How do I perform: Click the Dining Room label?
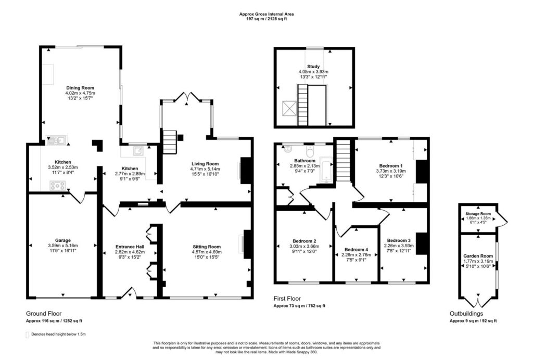(x=80, y=88)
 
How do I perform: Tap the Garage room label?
(x=63, y=240)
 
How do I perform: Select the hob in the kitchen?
(x=58, y=185)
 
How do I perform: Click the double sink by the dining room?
(x=57, y=140)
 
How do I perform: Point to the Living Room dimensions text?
(x=205, y=172)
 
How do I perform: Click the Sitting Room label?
(x=207, y=247)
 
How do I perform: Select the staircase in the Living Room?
(x=169, y=142)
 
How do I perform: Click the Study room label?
(x=313, y=67)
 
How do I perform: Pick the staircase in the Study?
(x=303, y=105)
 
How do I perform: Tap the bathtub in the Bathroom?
(x=326, y=171)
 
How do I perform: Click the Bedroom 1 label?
(x=391, y=166)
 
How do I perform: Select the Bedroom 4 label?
(x=356, y=250)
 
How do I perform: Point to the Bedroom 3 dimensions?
(x=399, y=248)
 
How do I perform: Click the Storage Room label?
(x=478, y=214)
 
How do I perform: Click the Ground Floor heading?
(x=44, y=314)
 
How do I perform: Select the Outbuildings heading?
(x=466, y=314)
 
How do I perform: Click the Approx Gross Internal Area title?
(x=266, y=14)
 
